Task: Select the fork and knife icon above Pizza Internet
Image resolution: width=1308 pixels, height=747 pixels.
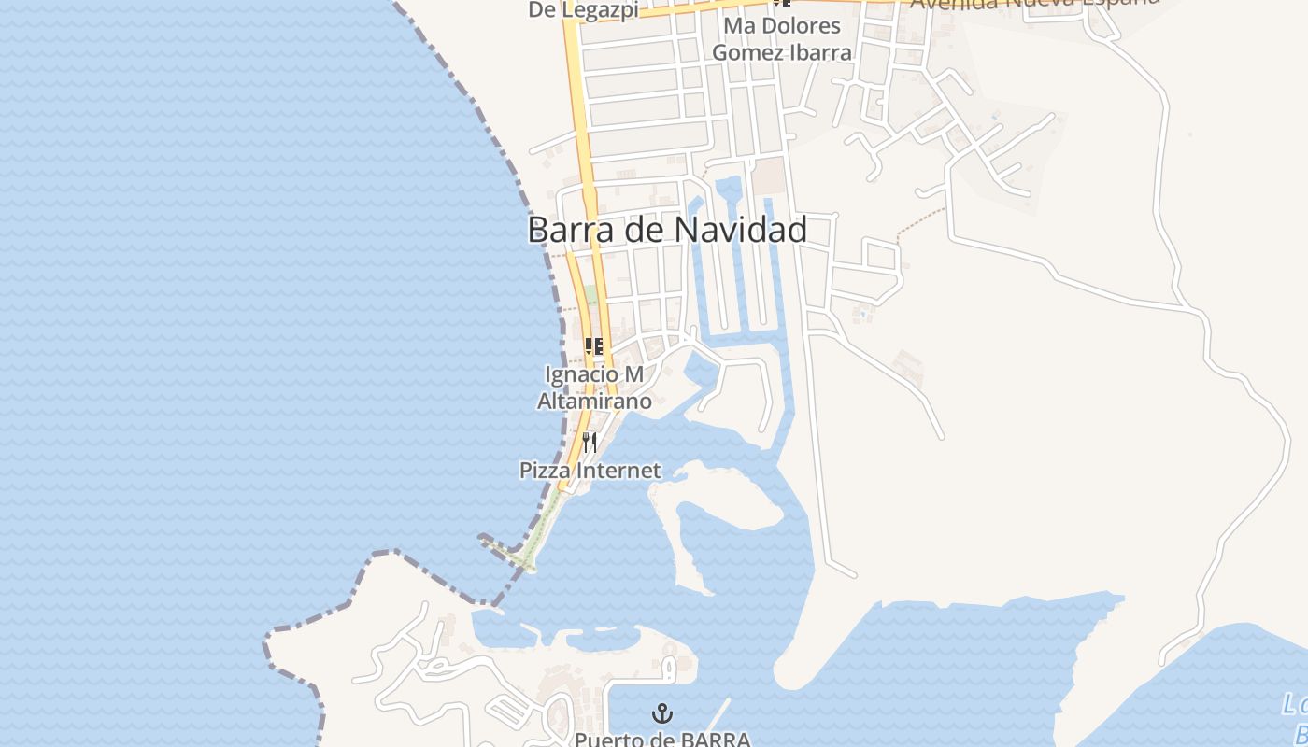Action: [x=590, y=442]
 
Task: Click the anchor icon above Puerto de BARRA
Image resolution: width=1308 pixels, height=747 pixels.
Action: [x=662, y=715]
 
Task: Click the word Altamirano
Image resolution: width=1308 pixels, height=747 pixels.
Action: [x=594, y=402]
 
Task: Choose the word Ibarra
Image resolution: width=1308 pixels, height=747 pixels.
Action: [x=822, y=52]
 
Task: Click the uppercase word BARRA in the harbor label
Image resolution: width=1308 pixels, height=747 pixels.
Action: [x=715, y=740]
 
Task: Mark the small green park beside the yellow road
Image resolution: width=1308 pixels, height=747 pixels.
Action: [x=591, y=295]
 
